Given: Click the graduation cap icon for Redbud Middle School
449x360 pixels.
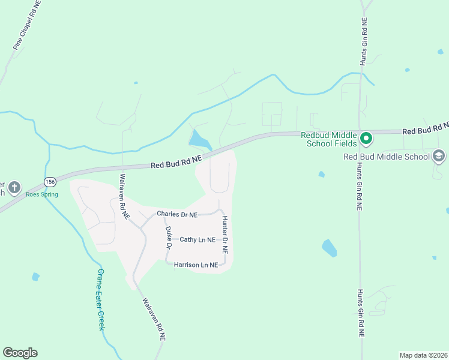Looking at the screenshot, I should pyautogui.click(x=439, y=157).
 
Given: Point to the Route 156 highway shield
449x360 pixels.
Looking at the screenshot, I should pyautogui.click(x=50, y=182).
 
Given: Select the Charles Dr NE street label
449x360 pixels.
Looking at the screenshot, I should pyautogui.click(x=176, y=214).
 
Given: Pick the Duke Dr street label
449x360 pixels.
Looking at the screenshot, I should pyautogui.click(x=169, y=238).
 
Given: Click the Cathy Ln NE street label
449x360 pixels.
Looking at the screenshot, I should pyautogui.click(x=197, y=240).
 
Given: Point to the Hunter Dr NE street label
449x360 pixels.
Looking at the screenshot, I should pyautogui.click(x=225, y=235).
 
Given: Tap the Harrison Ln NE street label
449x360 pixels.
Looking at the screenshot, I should pyautogui.click(x=196, y=265).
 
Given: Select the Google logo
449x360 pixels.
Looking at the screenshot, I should pyautogui.click(x=20, y=353).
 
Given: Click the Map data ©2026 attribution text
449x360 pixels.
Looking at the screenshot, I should pyautogui.click(x=423, y=355).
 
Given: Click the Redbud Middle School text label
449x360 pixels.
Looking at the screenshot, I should pyautogui.click(x=387, y=157).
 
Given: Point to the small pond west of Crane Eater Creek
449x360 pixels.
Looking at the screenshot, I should pyautogui.click(x=35, y=277).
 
